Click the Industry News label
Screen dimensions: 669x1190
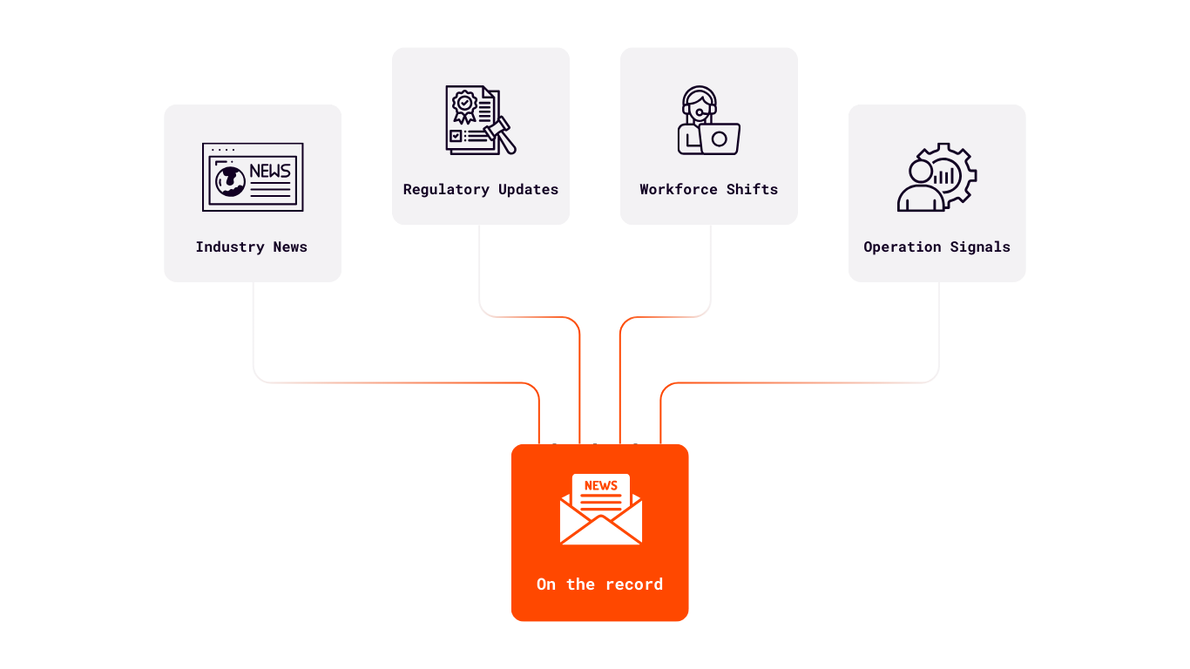coord(251,247)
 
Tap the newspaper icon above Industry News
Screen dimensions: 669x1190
coord(253,177)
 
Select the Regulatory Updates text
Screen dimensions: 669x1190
coord(480,189)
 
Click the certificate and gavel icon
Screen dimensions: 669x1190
coord(480,120)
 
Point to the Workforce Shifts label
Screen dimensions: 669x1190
coord(708,189)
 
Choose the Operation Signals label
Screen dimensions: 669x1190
coord(936,247)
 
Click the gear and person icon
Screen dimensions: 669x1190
coord(936,177)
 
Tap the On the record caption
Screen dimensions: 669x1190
coord(599,585)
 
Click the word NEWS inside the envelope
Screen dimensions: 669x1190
coord(600,485)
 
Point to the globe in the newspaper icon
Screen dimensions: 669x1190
coord(230,181)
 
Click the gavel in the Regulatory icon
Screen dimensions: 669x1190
coord(501,135)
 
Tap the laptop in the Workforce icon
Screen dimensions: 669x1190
coord(720,139)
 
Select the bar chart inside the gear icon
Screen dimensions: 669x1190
coord(943,177)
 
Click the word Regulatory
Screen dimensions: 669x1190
coord(446,189)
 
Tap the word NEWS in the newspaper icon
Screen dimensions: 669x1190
coord(269,171)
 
